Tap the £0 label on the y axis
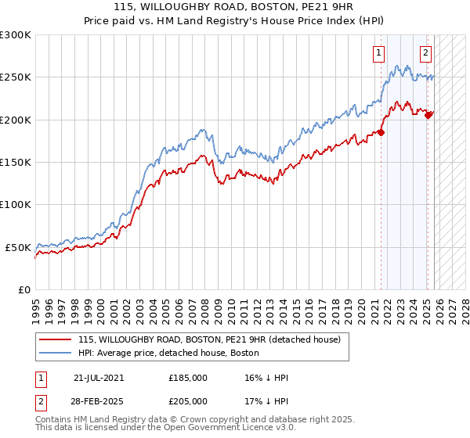click(x=23, y=289)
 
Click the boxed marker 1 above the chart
click(x=379, y=53)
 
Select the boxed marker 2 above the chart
click(x=425, y=53)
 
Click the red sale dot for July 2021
click(x=381, y=132)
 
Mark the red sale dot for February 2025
click(x=428, y=115)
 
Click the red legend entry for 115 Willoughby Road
click(x=208, y=340)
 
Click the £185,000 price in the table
click(x=188, y=378)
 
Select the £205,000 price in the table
click(x=188, y=400)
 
